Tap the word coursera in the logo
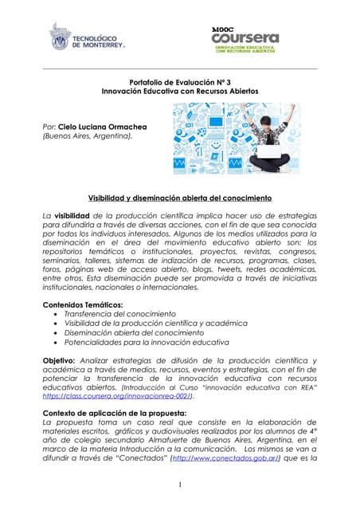pyautogui.click(x=245, y=38)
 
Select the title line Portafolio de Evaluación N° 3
pyautogui.click(x=179, y=82)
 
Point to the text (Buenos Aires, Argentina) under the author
pyautogui.click(x=88, y=136)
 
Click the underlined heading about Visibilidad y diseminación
pyautogui.click(x=179, y=197)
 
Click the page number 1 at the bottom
pyautogui.click(x=180, y=485)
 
